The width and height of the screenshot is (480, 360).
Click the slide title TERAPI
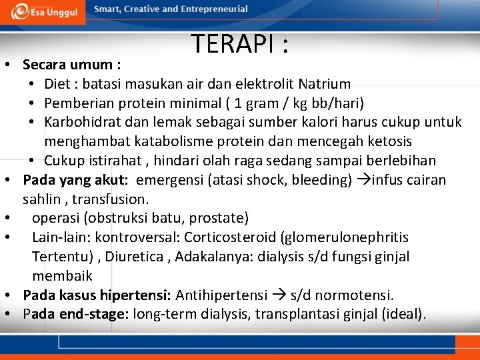pyautogui.click(x=240, y=43)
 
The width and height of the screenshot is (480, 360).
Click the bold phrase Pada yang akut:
pyautogui.click(x=75, y=180)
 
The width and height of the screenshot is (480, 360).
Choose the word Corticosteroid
pyautogui.click(x=231, y=237)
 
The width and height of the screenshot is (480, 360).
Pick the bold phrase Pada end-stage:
pyautogui.click(x=76, y=314)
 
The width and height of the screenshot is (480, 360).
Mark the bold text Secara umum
pyautogui.click(x=69, y=65)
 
